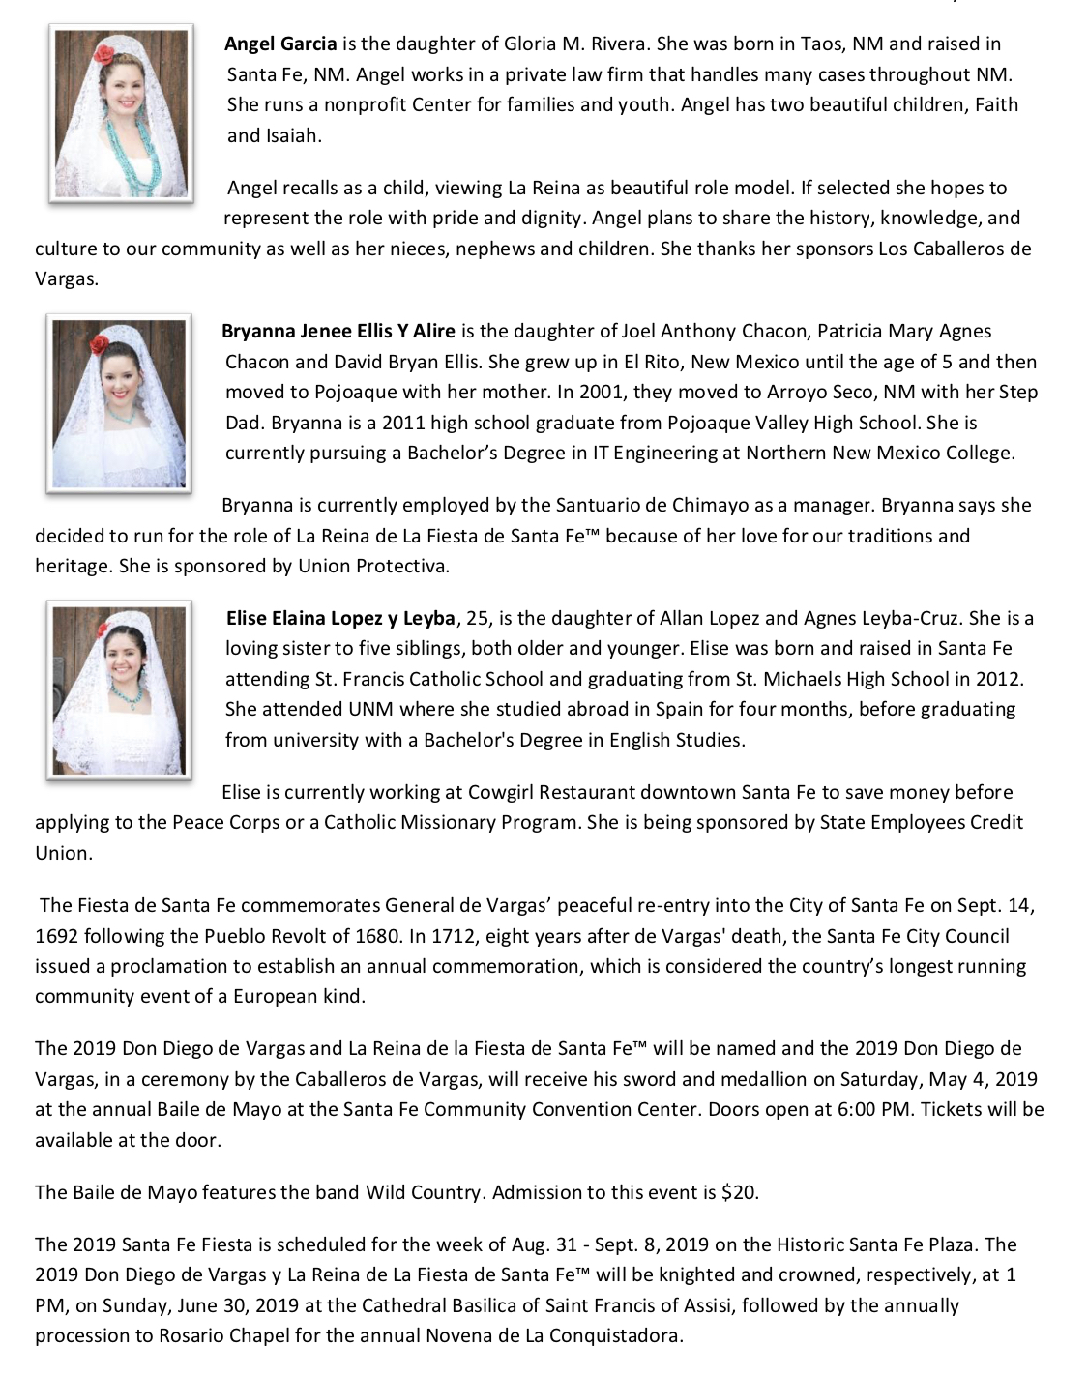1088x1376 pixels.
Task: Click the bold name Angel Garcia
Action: tap(280, 44)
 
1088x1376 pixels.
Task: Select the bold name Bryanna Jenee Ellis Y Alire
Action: tap(338, 332)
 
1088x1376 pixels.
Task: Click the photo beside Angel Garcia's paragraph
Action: tap(120, 114)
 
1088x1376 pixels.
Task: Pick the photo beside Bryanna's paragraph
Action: tap(118, 402)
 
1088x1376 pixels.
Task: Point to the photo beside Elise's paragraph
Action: tap(119, 689)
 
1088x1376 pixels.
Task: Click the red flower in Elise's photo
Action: tap(102, 630)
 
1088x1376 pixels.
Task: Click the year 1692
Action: tap(57, 936)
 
